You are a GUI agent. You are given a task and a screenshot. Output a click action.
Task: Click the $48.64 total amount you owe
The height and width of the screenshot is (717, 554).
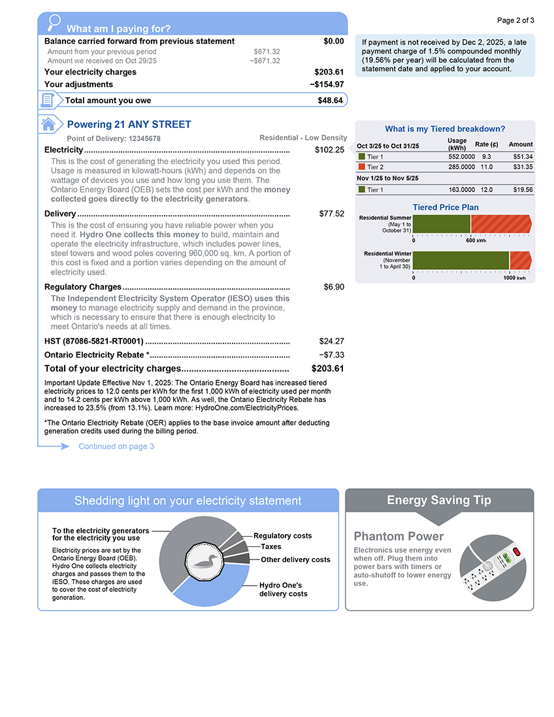coord(330,100)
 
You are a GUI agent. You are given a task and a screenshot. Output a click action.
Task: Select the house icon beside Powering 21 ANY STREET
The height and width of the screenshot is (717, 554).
coord(48,124)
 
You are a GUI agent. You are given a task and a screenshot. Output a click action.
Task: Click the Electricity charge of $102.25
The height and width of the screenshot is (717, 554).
coord(329,150)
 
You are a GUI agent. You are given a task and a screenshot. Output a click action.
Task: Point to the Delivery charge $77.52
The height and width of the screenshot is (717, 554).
coord(331,214)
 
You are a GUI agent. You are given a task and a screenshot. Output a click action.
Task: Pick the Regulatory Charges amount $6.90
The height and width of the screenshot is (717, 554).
coord(334,287)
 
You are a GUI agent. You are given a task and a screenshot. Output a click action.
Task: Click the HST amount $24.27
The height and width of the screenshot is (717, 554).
coord(331,341)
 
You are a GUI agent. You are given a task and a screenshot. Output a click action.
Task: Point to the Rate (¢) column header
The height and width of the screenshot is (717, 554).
coord(486,144)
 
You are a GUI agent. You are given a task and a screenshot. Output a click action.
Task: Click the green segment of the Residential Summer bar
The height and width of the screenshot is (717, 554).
coord(442,224)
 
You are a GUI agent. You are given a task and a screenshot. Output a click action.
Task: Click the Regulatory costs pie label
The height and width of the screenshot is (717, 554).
coord(282,536)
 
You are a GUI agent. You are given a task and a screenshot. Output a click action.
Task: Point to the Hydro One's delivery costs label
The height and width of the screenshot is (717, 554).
coord(283,590)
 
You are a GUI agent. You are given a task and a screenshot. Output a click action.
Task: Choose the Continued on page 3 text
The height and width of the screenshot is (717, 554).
coord(116,446)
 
